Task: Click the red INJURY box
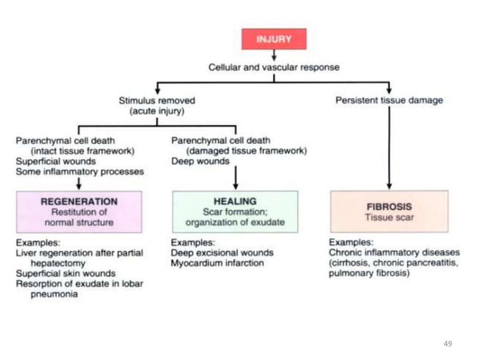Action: coord(274,39)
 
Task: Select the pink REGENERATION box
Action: coord(78,212)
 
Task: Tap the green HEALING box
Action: coord(235,212)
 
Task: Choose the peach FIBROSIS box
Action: coord(389,212)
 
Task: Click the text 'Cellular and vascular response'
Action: coord(274,67)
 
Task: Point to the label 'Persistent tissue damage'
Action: coord(389,100)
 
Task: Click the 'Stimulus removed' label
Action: coord(157,100)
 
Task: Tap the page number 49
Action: coord(448,343)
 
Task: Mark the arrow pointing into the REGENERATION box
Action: coord(78,184)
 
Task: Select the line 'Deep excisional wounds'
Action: coord(222,253)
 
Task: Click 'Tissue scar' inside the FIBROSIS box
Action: coord(389,218)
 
